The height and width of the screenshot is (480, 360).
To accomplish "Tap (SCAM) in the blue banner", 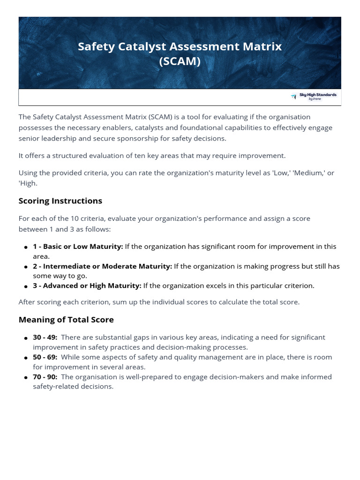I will tap(180, 61).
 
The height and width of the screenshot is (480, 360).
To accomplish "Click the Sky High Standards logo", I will tap(314, 97).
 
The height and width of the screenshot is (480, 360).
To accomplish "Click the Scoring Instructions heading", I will tap(60, 201).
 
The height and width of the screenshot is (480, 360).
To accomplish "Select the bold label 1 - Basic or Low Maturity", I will tap(78, 247).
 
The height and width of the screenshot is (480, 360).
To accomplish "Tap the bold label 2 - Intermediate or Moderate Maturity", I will tap(102, 266).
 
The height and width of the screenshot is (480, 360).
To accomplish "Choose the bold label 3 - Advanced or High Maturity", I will tap(87, 285).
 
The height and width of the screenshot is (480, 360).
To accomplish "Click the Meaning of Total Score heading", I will tap(66, 320).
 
